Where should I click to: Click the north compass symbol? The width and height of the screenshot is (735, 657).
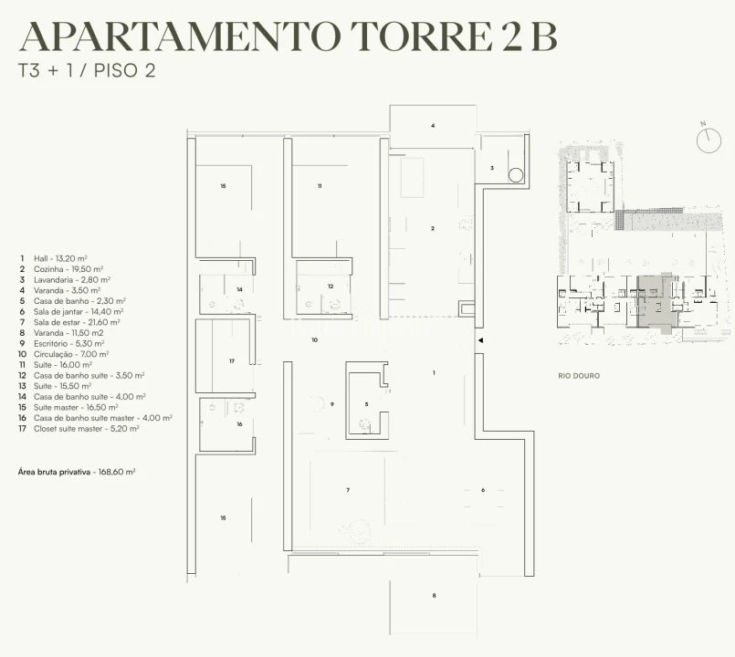(708, 141)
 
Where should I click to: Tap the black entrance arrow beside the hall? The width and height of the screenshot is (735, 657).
(480, 340)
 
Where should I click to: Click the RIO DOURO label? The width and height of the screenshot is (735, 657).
(579, 376)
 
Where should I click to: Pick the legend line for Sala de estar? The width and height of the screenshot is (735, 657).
(69, 322)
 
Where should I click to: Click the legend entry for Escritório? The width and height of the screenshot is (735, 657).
(61, 343)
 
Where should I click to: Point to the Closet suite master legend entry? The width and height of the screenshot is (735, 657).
(79, 429)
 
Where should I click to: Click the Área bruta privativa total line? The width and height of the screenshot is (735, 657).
(77, 472)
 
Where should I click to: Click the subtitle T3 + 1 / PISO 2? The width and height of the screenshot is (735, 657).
(87, 71)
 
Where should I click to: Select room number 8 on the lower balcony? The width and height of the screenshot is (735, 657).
(434, 596)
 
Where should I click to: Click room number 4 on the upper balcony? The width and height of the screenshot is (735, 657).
(433, 126)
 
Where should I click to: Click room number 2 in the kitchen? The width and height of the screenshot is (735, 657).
(433, 229)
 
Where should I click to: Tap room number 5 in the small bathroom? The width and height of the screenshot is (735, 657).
(366, 404)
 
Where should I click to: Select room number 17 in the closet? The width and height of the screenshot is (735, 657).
(232, 361)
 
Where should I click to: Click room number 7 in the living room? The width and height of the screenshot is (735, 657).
(348, 490)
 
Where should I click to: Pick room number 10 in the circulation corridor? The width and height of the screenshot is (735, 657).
(314, 339)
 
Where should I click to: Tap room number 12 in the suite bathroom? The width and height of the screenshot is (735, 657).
(331, 287)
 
